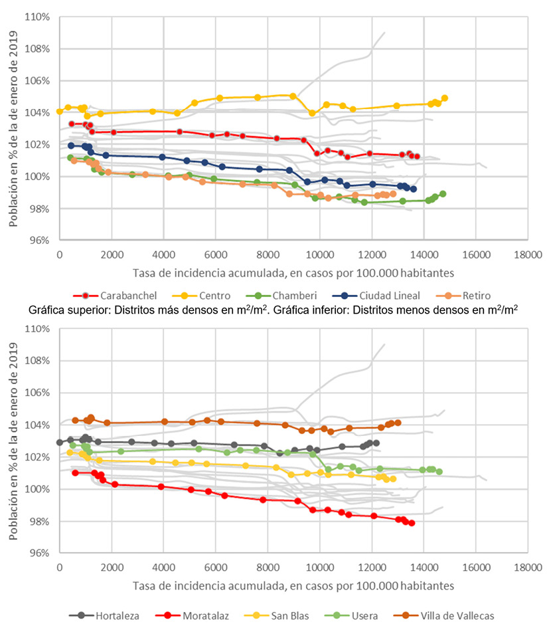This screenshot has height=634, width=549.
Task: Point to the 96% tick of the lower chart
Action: tap(39, 553)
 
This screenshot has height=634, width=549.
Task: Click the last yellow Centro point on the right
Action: tap(445, 98)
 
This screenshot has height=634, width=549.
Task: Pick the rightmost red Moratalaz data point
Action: tap(412, 523)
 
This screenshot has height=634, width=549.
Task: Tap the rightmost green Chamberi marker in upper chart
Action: tap(443, 194)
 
